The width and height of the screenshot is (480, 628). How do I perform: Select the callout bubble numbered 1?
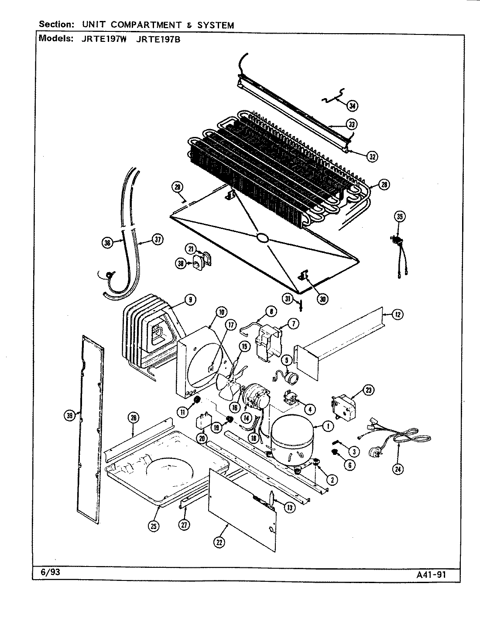tap(328, 426)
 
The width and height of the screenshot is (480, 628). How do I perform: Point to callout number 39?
tap(69, 416)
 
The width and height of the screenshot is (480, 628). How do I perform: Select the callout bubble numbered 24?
tap(398, 469)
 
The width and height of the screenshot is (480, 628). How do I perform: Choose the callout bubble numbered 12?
tap(398, 314)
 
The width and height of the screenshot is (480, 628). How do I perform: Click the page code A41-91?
tap(430, 574)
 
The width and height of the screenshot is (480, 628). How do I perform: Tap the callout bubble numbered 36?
tap(107, 243)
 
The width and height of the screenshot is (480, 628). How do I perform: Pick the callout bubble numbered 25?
tap(153, 526)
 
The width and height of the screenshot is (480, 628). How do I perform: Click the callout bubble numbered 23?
tap(369, 391)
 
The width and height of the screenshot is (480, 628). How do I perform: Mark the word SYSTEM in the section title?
tap(216, 25)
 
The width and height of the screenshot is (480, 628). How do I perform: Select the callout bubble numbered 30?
tap(322, 299)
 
